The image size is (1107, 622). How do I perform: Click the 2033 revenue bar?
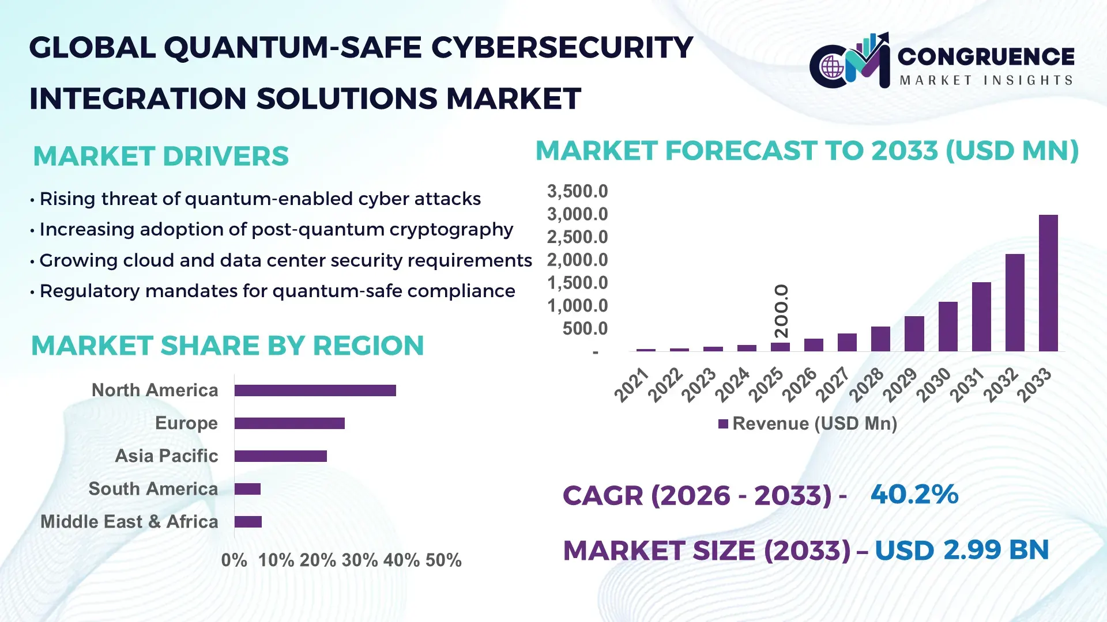(1048, 283)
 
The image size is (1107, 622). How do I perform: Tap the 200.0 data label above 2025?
(781, 311)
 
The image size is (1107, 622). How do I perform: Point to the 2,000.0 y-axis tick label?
(577, 260)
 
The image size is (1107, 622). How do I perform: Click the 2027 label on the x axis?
(833, 384)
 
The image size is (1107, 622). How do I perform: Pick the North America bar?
(315, 390)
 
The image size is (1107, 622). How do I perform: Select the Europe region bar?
(289, 423)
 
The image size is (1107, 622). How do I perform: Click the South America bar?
(247, 489)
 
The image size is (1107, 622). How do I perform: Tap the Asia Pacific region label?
(166, 456)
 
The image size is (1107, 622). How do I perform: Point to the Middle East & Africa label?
(129, 521)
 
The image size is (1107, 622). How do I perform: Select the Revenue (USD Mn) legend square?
(723, 424)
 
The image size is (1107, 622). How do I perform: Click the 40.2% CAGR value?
(914, 494)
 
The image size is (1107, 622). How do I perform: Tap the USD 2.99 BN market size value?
(961, 550)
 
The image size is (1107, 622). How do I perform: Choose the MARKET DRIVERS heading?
(161, 156)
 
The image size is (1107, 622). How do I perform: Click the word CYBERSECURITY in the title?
(562, 47)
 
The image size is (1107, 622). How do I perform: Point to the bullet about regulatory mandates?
(277, 291)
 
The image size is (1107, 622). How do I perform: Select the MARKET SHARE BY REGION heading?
(227, 346)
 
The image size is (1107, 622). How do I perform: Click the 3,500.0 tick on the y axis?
(577, 191)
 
